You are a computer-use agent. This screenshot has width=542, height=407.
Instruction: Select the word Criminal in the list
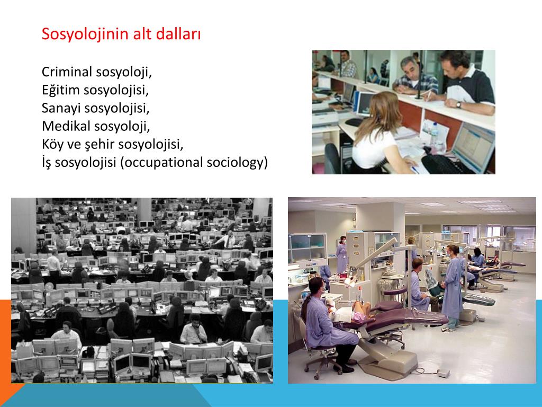(67, 72)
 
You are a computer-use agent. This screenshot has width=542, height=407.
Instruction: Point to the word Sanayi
(61, 108)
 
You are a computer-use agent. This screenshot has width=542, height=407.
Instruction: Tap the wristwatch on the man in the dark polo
(458, 104)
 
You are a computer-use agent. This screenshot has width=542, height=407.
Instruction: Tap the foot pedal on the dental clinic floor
(443, 373)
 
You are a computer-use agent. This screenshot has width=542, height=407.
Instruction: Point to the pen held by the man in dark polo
(429, 95)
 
